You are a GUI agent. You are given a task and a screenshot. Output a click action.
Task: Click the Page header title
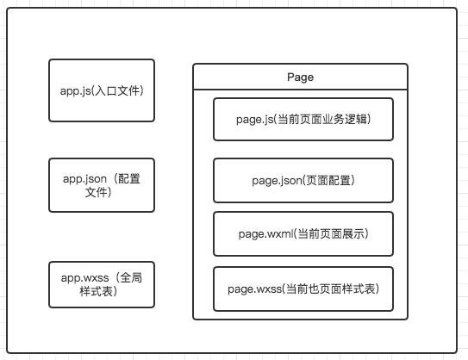300,78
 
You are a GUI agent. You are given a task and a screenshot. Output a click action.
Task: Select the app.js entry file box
102,90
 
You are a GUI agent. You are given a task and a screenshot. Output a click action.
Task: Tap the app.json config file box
102,185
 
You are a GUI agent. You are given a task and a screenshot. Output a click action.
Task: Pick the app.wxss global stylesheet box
102,284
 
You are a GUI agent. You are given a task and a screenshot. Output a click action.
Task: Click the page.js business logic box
303,120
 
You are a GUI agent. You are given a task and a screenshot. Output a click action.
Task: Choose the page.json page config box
303,181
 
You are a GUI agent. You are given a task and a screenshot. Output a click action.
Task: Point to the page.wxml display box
303,234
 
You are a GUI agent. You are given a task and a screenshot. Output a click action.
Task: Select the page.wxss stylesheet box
303,289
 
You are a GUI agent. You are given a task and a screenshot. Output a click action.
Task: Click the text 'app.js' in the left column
75,91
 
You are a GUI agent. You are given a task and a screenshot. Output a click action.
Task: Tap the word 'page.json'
277,181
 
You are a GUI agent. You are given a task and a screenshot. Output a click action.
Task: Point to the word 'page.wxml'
265,234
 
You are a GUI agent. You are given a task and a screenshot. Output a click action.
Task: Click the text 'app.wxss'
84,278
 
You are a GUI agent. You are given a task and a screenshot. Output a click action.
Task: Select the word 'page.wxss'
254,289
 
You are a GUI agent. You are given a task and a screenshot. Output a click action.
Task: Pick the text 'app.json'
84,179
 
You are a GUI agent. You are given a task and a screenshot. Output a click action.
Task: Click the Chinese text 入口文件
117,90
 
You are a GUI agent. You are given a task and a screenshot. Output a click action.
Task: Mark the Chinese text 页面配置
328,181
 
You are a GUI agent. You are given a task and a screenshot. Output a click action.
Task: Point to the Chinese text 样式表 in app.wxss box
96,291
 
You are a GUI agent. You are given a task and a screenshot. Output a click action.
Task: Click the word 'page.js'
254,120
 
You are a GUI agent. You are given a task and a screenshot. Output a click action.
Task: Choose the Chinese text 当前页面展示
331,234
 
